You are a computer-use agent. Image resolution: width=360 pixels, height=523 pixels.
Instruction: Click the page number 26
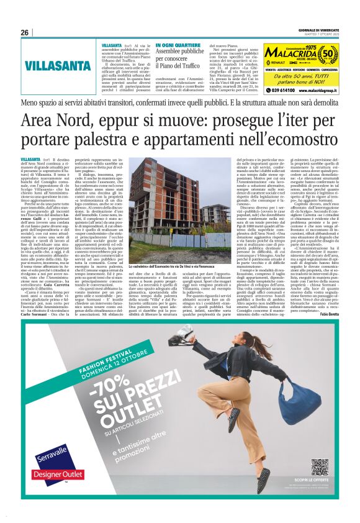point(25,33)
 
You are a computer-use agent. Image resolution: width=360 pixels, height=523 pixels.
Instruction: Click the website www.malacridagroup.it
point(326,90)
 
